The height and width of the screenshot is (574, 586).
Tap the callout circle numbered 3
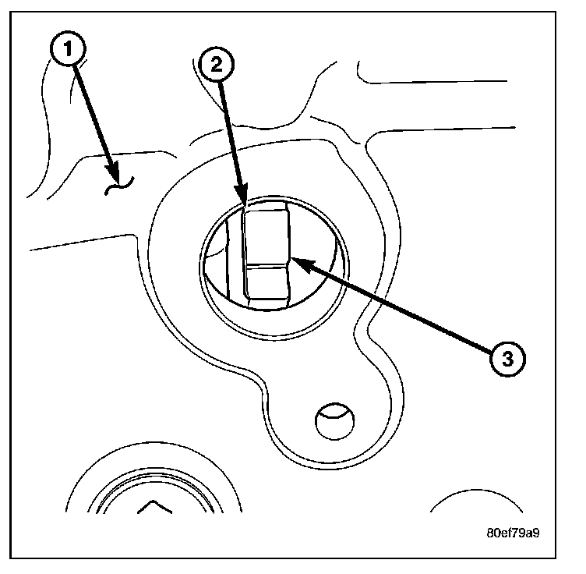pyautogui.click(x=507, y=359)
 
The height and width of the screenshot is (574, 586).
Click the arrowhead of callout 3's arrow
pyautogui.click(x=297, y=262)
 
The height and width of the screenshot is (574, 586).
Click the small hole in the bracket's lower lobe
pyautogui.click(x=334, y=421)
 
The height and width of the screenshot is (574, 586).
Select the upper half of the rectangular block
pyautogui.click(x=267, y=238)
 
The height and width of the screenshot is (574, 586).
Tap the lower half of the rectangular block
pyautogui.click(x=267, y=282)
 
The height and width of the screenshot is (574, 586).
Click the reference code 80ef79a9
pyautogui.click(x=513, y=535)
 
